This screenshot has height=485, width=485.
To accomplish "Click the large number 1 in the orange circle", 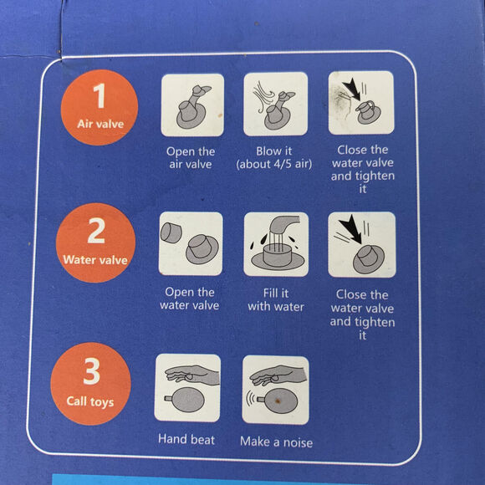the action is click(x=100, y=95).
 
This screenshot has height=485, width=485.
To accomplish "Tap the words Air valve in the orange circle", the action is click(x=100, y=124).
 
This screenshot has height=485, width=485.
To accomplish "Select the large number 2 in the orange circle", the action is click(x=96, y=231).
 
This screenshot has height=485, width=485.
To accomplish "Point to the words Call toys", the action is click(x=90, y=401).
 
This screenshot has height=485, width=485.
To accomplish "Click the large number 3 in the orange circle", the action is click(x=91, y=371).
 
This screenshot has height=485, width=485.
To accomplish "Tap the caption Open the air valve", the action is click(x=191, y=157).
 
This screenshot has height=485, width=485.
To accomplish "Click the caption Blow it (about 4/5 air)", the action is click(x=274, y=157).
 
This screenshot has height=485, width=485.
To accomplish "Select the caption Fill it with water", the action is click(x=276, y=299).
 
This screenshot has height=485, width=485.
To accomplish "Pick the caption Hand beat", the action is click(x=186, y=439).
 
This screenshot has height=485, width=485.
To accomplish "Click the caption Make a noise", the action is click(x=276, y=442).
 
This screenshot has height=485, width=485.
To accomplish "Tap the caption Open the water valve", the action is click(x=190, y=299).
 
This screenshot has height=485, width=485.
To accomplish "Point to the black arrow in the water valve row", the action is click(x=350, y=228).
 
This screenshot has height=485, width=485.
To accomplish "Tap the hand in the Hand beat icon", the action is click(x=191, y=375).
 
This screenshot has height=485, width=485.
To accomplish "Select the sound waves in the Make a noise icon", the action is click(x=250, y=399).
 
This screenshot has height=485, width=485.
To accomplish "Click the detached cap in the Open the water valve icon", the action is click(x=171, y=232).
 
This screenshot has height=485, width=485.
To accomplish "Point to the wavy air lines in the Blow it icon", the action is click(x=263, y=96).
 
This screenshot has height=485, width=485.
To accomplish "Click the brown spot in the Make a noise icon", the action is click(x=278, y=401).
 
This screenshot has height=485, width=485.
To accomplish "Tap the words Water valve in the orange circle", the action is click(x=95, y=260).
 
